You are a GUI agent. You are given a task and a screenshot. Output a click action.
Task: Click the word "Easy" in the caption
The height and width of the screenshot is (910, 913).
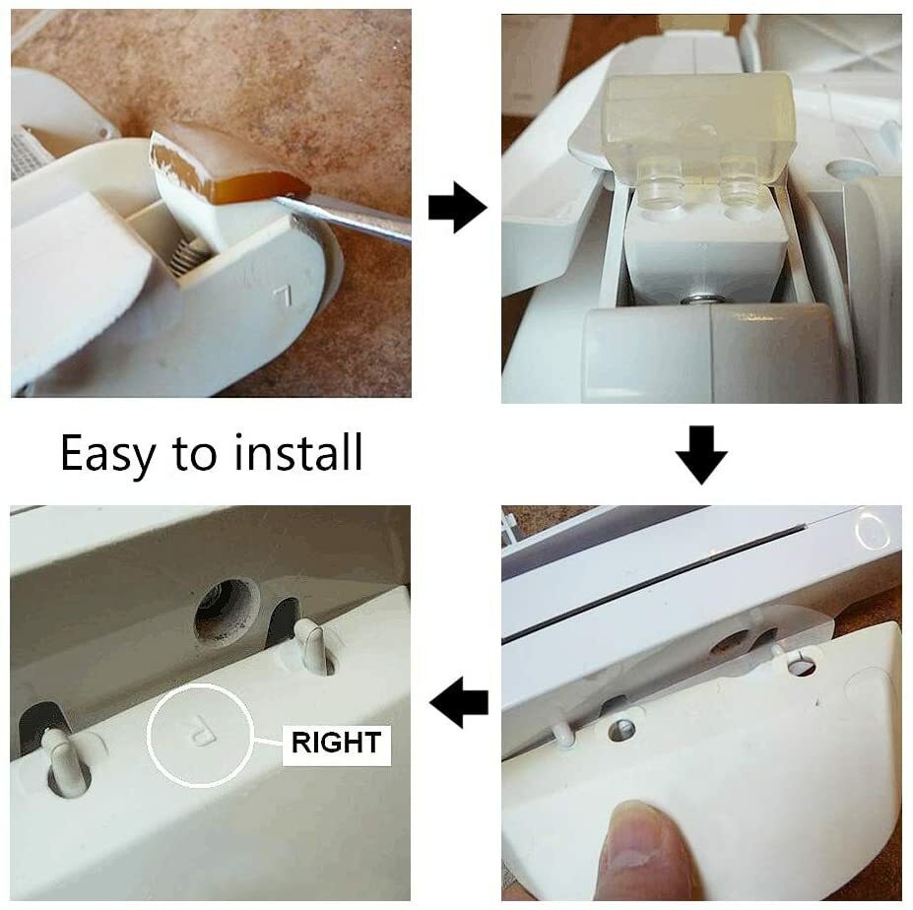pyautogui.click(x=108, y=454)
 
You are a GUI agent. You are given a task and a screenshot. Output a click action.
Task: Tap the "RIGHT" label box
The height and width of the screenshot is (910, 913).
pyautogui.click(x=336, y=743)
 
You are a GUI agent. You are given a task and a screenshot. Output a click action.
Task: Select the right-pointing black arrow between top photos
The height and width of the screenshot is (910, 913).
pyautogui.click(x=458, y=207)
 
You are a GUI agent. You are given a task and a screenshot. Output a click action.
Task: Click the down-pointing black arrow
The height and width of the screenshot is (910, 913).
pyautogui.click(x=701, y=455)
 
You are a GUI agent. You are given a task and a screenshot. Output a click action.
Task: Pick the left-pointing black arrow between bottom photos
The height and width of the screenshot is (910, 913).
pyautogui.click(x=459, y=702)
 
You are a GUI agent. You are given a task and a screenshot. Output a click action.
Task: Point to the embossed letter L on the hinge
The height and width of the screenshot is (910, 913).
pyautogui.click(x=283, y=296)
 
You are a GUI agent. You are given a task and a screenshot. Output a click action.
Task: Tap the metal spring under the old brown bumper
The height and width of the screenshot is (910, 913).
pyautogui.click(x=187, y=255)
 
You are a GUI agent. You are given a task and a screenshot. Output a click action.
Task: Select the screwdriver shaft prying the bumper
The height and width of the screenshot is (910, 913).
pyautogui.click(x=344, y=218)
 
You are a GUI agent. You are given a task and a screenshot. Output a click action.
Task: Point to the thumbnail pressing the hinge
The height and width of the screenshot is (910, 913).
pyautogui.click(x=636, y=836)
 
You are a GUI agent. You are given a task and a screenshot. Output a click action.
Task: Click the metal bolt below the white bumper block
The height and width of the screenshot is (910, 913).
pyautogui.click(x=700, y=299)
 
